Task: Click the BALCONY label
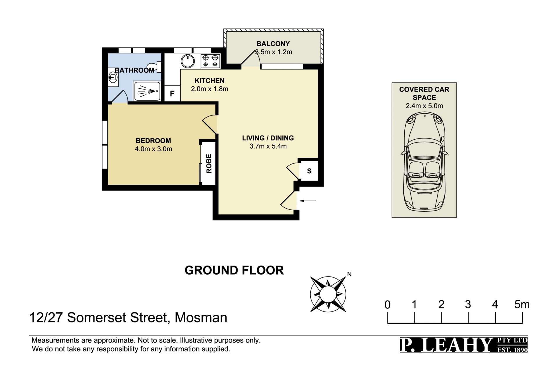[x=273, y=44]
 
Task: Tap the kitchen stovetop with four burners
[x=210, y=61]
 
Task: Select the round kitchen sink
[x=188, y=61]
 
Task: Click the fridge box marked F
[x=172, y=93]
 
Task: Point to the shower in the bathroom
[x=147, y=91]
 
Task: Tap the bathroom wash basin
[x=113, y=77]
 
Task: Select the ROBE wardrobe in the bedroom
[x=209, y=163]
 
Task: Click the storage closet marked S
[x=309, y=171]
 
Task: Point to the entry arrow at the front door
[x=307, y=201]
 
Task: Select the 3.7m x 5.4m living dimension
[x=268, y=146]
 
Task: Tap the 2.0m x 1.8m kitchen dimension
[x=210, y=89]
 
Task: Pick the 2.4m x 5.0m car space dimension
[x=424, y=106]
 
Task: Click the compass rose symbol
[x=328, y=294]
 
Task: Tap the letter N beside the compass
[x=349, y=274]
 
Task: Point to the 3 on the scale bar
[x=468, y=305]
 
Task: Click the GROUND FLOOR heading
[x=234, y=270]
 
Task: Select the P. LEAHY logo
[x=464, y=345]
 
